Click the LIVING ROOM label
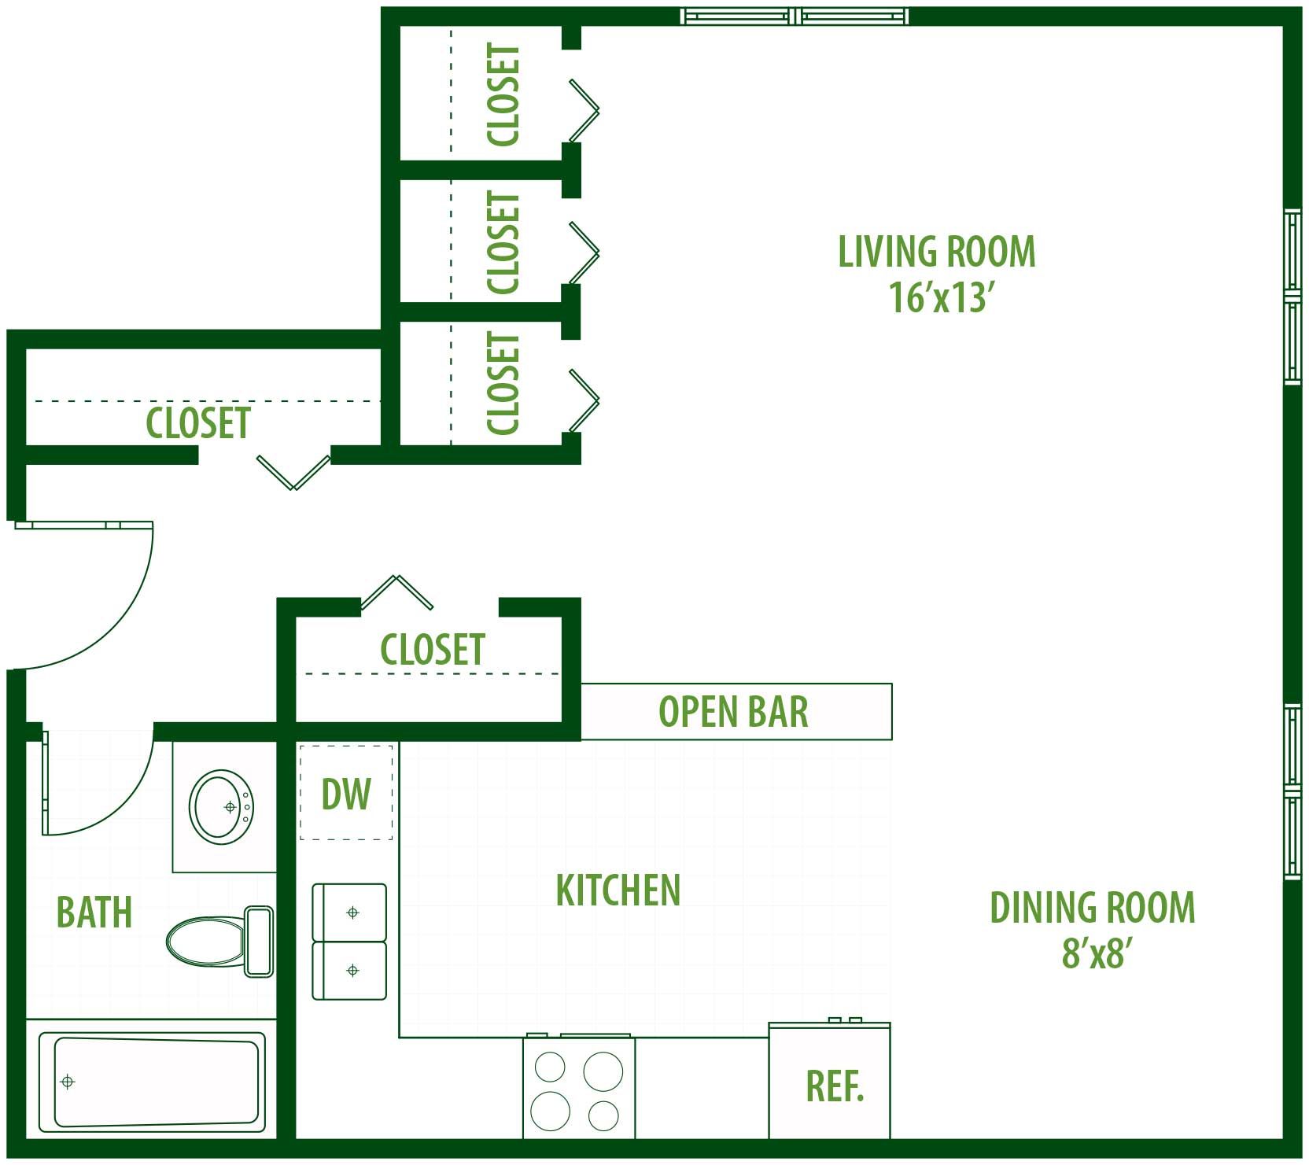tap(936, 252)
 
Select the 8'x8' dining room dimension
tap(1097, 953)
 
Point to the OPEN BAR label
tap(733, 712)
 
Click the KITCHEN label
tap(618, 890)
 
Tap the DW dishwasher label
tap(346, 794)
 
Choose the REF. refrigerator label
tap(835, 1086)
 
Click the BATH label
tap(94, 912)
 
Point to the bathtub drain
tap(68, 1082)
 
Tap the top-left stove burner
tap(550, 1067)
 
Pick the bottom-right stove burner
tap(604, 1115)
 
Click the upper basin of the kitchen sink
tap(350, 912)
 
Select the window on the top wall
tap(795, 16)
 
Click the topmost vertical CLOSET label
tap(503, 94)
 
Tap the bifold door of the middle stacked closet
tap(584, 253)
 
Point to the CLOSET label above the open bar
tap(433, 650)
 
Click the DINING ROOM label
tap(1093, 907)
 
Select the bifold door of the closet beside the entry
tap(293, 472)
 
